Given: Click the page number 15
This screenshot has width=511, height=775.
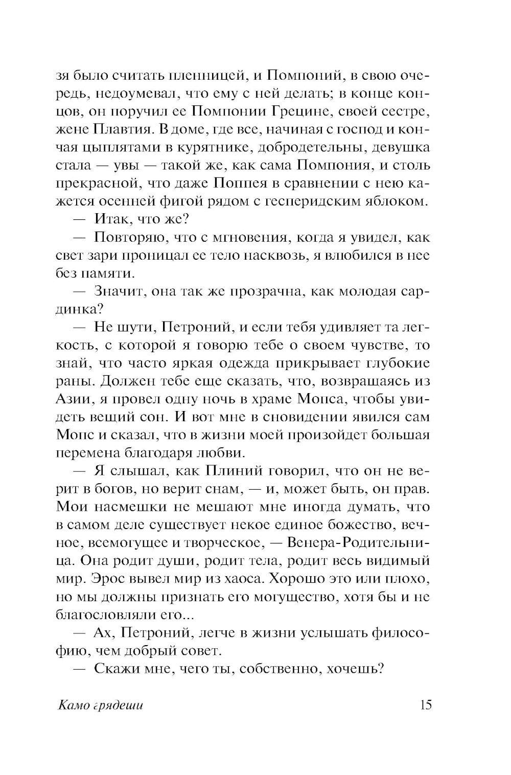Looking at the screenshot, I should (x=425, y=705).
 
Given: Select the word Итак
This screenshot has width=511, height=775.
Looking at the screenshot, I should (x=112, y=219).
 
